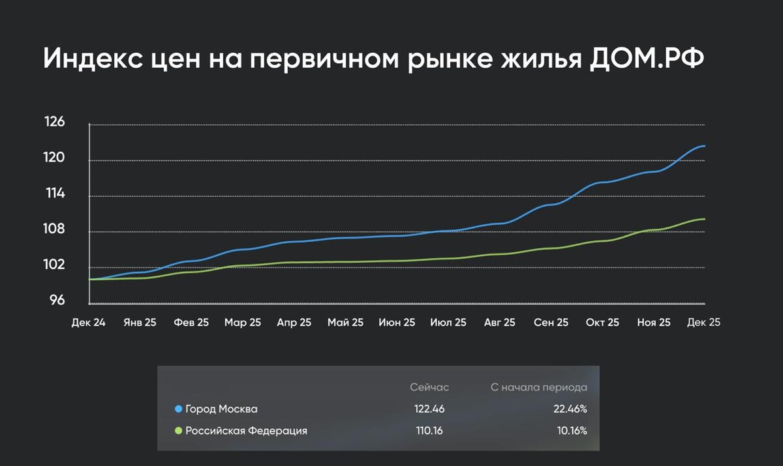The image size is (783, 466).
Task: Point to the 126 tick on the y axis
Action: (54, 121)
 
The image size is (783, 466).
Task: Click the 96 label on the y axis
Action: (57, 300)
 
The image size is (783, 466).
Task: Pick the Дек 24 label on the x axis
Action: (88, 322)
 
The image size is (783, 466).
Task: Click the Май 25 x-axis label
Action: (345, 322)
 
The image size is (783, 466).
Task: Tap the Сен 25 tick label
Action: (551, 322)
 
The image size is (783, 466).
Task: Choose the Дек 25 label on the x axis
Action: (703, 322)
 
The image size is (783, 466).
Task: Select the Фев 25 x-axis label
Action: (191, 322)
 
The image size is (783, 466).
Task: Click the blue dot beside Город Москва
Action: (178, 409)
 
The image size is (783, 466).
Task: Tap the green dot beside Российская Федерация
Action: (178, 431)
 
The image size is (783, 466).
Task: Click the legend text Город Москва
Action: (221, 409)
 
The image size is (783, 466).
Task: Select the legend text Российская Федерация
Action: (246, 431)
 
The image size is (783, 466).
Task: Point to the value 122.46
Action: (429, 409)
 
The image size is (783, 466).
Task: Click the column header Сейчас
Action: (429, 387)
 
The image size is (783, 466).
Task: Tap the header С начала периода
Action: (538, 387)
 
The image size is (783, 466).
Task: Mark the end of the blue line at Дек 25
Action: (704, 146)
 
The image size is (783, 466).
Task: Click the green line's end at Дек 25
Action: (704, 219)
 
